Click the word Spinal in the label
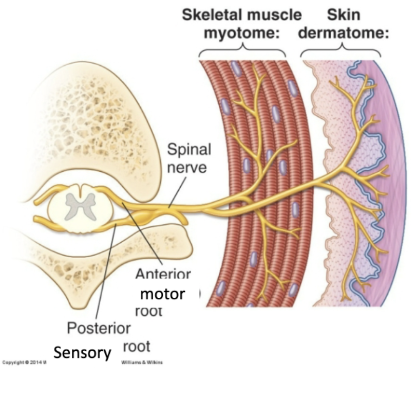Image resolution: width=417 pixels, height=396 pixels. pos(190,150)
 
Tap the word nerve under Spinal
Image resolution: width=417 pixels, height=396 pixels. pos(189,168)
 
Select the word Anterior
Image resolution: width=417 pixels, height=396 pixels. pos(163,274)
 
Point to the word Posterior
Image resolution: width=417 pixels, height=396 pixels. pos(99,328)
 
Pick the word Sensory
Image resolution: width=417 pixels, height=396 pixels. pos(83,353)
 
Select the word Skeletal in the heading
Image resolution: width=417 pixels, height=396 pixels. pos(212,14)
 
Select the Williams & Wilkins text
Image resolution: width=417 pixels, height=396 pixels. pos(142,363)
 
